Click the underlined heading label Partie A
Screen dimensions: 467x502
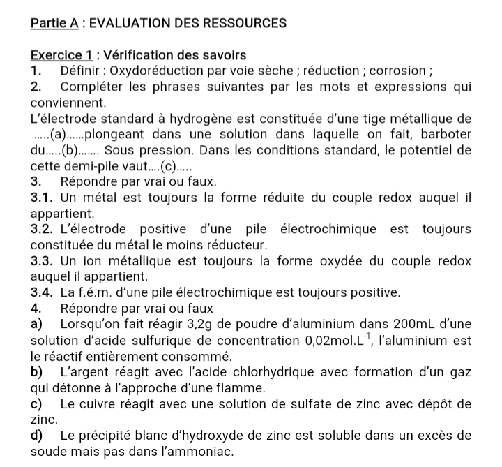click(54, 22)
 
